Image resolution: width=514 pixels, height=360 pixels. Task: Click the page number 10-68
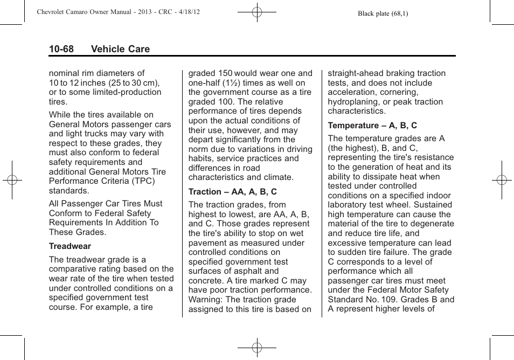tap(61, 49)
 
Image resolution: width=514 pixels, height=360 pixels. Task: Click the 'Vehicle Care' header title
tap(120, 49)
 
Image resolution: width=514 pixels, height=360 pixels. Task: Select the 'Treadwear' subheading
tap(70, 246)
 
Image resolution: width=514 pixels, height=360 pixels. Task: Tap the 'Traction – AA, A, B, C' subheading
tap(233, 192)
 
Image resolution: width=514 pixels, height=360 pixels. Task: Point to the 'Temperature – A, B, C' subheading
tap(372, 126)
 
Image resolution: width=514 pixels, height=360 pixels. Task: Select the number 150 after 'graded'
tap(226, 73)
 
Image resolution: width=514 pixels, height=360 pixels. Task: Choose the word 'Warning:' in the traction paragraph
tap(205, 300)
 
